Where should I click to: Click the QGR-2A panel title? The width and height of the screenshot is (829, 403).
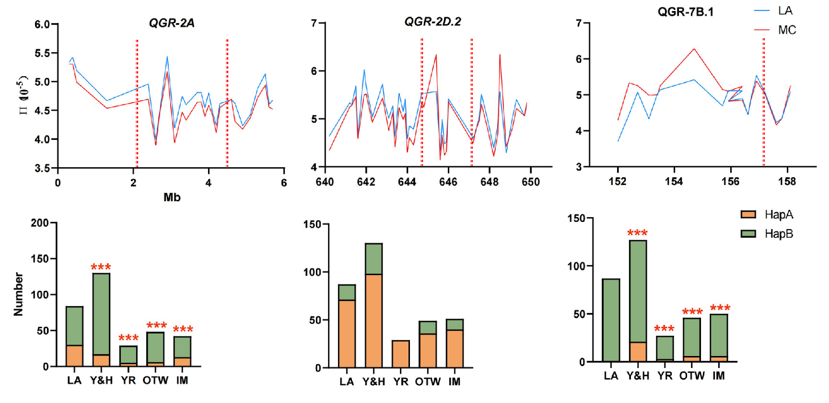coord(171,23)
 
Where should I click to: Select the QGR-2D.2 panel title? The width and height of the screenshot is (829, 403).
coord(432,22)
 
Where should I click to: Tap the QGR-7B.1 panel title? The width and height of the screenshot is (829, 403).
coord(685,12)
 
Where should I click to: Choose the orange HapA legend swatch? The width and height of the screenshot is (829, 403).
coord(748,214)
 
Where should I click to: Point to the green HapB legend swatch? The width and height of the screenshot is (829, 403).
coord(748,234)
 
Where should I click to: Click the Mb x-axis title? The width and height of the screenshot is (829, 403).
coord(172,197)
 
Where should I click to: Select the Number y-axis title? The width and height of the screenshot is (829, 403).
coord(18,294)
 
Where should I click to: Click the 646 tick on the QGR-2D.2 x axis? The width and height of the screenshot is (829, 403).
coord(448,182)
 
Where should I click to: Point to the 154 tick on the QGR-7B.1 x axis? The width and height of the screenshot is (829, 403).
coord(674,182)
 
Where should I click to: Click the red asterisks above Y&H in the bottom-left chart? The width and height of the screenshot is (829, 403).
coord(101,267)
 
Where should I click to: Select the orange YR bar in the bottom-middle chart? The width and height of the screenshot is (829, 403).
coord(400,354)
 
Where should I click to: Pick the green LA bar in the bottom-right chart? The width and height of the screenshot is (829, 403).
coord(611,320)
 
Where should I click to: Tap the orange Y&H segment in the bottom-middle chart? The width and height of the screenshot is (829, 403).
coord(374,321)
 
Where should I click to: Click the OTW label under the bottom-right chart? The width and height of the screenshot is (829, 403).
coord(691,376)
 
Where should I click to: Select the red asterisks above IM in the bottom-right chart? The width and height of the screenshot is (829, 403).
coord(720,308)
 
